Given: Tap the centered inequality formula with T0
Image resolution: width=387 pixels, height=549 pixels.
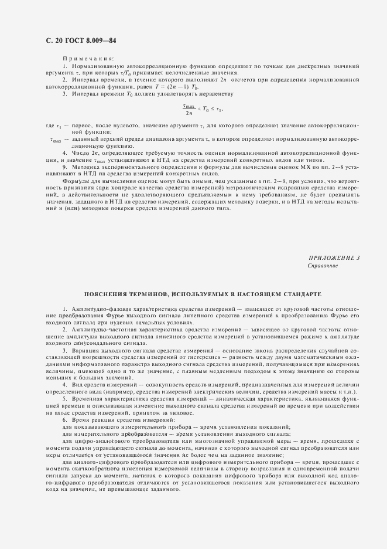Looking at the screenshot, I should coord(203,109).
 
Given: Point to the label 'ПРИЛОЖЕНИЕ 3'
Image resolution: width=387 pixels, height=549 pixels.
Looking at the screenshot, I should coord(334,258).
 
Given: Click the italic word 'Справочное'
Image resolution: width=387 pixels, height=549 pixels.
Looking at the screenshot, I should coord(323,265).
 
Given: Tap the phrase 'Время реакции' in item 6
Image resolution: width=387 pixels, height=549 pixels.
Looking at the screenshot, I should coord(87,421).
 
